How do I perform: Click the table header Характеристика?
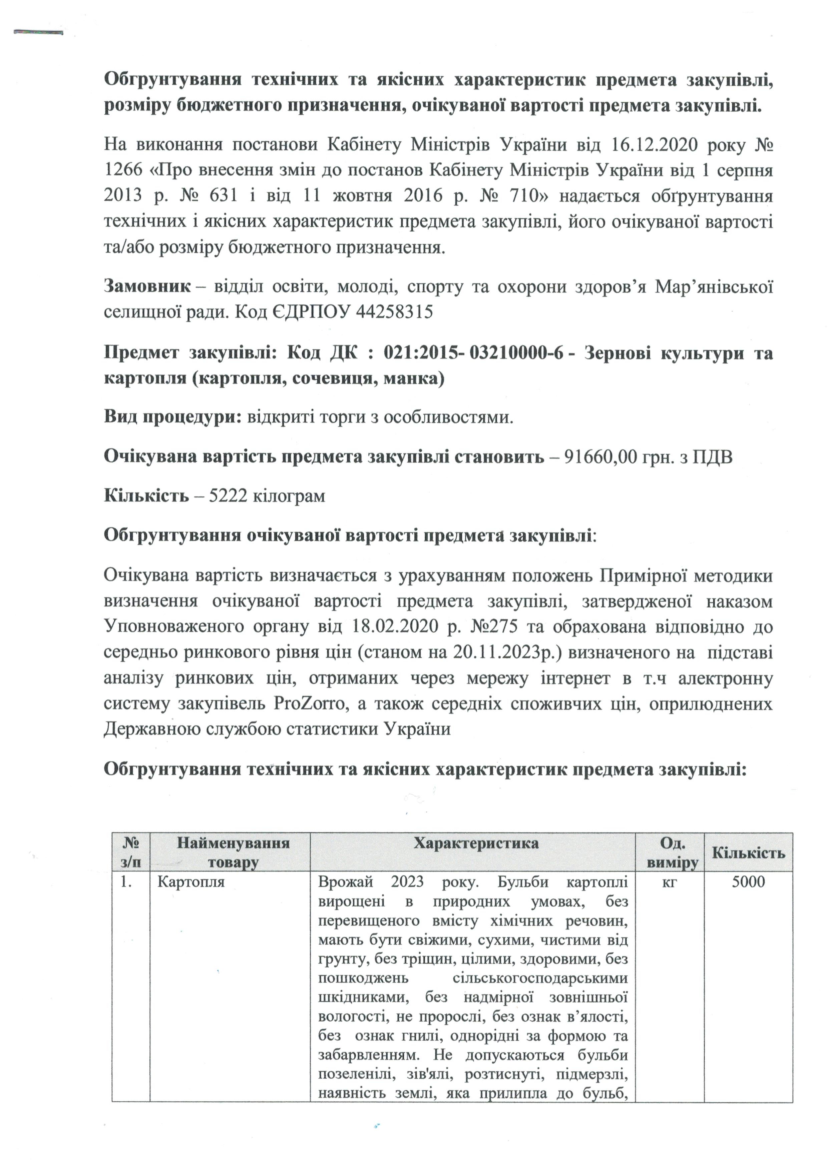(476, 843)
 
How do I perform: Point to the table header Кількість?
(748, 853)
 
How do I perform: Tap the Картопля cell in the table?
(191, 882)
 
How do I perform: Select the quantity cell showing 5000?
(748, 882)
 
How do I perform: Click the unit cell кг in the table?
(669, 882)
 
